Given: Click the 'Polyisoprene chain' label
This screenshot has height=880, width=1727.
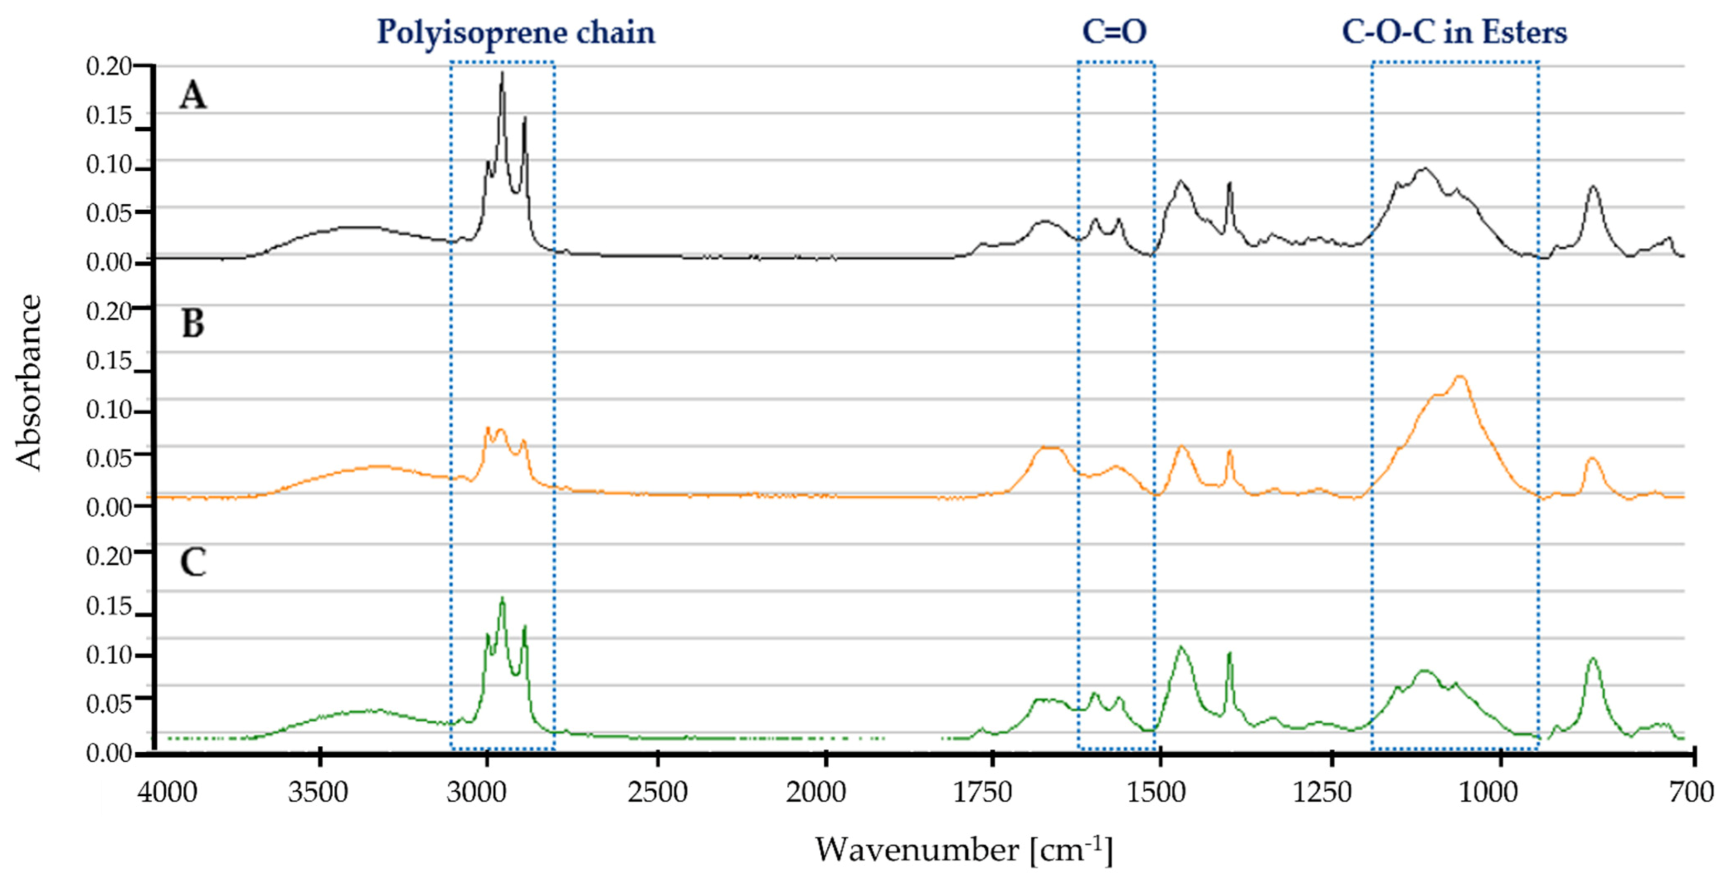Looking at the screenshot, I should click(x=516, y=32).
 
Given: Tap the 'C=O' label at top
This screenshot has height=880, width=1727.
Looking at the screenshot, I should click(x=1114, y=32).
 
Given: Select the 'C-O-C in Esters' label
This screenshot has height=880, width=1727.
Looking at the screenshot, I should click(x=1454, y=32).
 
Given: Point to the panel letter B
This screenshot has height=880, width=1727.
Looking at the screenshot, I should click(x=193, y=324).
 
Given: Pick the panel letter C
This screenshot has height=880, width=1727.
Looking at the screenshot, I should click(x=193, y=562).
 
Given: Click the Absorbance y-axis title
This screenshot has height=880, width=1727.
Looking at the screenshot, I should click(x=28, y=382).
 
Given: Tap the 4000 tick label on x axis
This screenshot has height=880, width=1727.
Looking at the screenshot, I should click(x=168, y=793).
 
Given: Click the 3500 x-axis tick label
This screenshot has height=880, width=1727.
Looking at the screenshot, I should click(x=318, y=793).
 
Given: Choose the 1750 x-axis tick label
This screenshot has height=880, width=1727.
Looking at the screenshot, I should click(x=992, y=793).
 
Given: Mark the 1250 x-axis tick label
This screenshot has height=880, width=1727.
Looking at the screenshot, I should click(x=1331, y=793).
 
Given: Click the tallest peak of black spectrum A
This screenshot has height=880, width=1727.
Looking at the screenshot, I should click(x=502, y=73).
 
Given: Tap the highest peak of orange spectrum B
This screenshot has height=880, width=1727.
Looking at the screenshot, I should click(x=1460, y=376).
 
